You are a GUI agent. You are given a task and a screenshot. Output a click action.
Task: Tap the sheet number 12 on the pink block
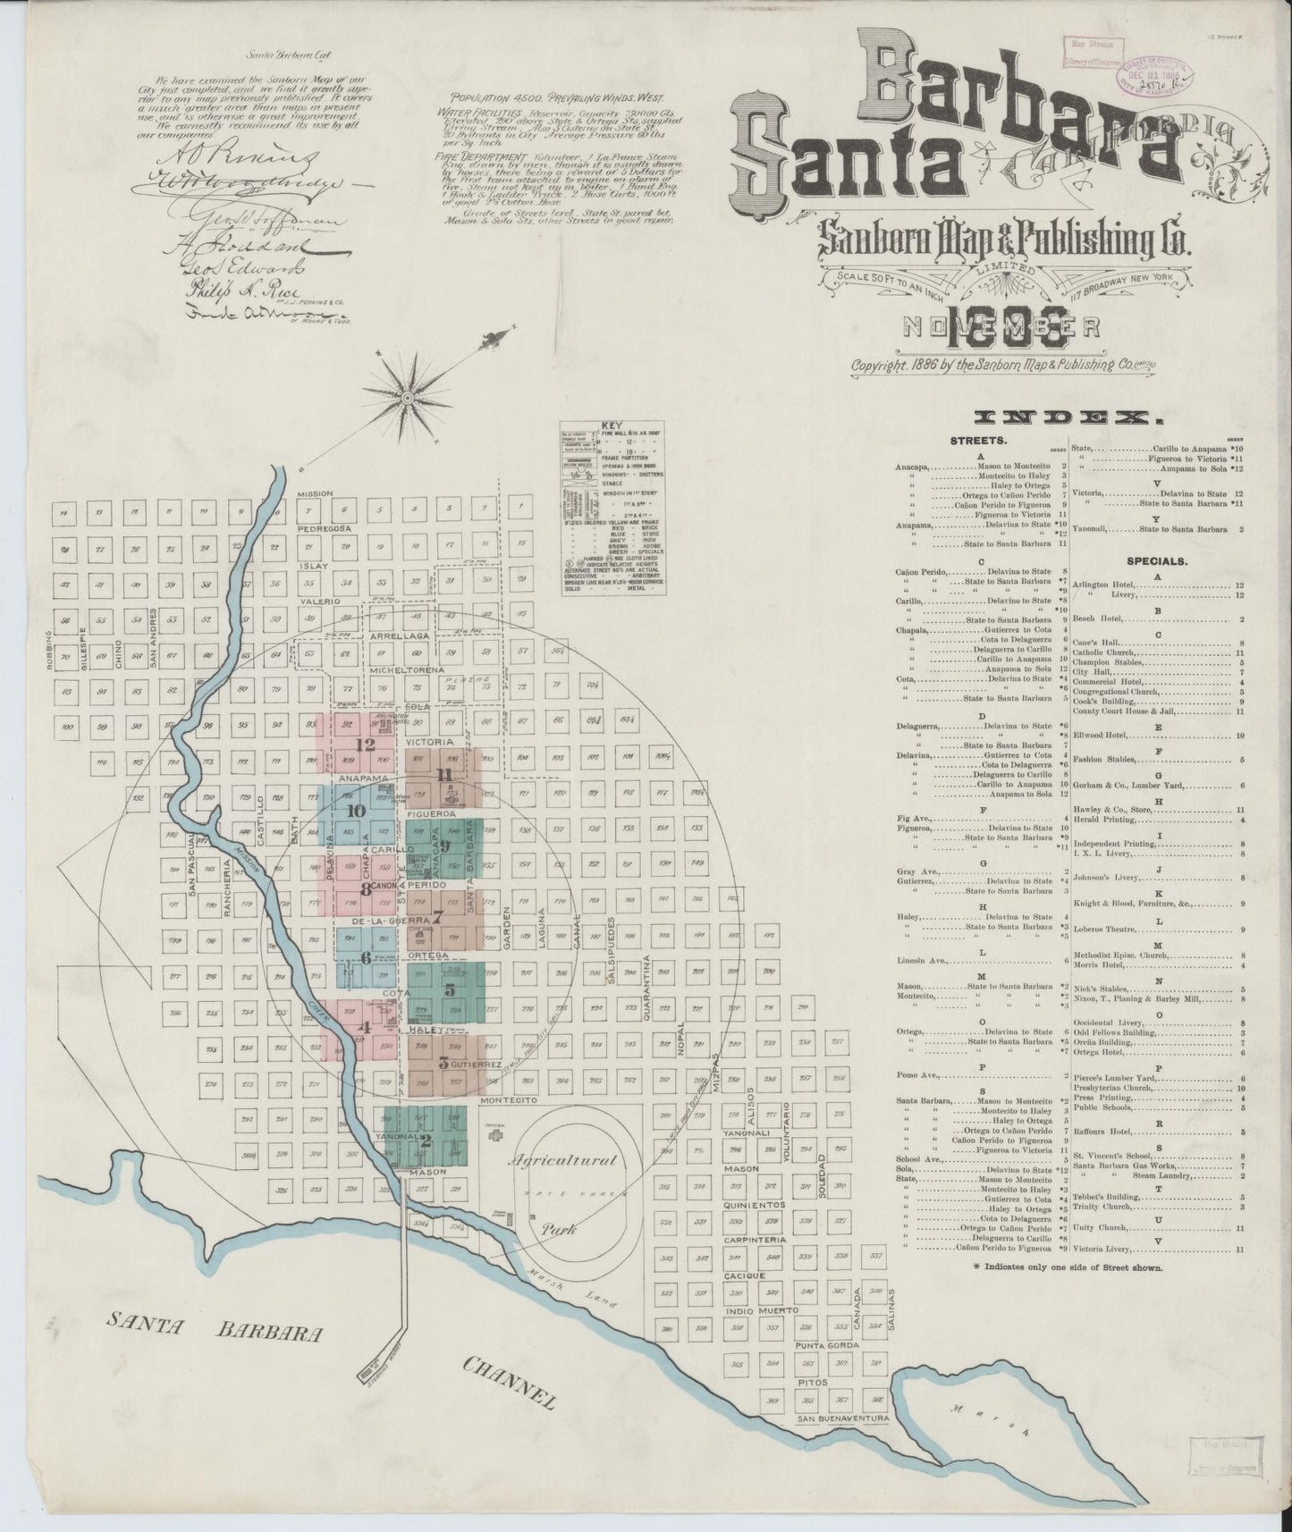[364, 744]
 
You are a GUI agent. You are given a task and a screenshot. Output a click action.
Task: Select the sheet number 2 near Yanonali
[426, 1140]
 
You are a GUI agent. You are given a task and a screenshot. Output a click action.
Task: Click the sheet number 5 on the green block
[450, 989]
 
